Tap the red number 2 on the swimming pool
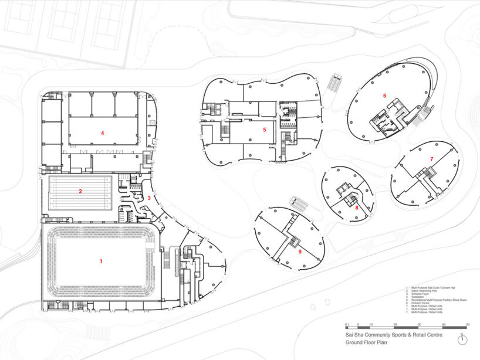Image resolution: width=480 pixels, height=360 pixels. [80, 191]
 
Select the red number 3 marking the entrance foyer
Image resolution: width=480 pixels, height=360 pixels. [149, 198]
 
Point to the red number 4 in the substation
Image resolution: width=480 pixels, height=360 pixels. [102, 133]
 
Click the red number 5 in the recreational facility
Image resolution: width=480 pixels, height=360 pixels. [265, 130]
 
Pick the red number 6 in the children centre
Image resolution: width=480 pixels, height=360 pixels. [385, 96]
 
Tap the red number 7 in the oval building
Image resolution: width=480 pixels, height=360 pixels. [431, 159]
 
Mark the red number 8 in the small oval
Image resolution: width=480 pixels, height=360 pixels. [357, 207]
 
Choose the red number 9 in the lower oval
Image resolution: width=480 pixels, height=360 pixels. [300, 252]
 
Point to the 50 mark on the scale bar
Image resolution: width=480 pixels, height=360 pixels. [468, 324]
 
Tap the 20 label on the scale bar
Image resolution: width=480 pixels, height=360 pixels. [395, 324]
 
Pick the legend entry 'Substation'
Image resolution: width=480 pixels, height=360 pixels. [419, 297]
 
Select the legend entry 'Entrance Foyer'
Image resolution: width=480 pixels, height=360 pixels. [421, 294]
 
